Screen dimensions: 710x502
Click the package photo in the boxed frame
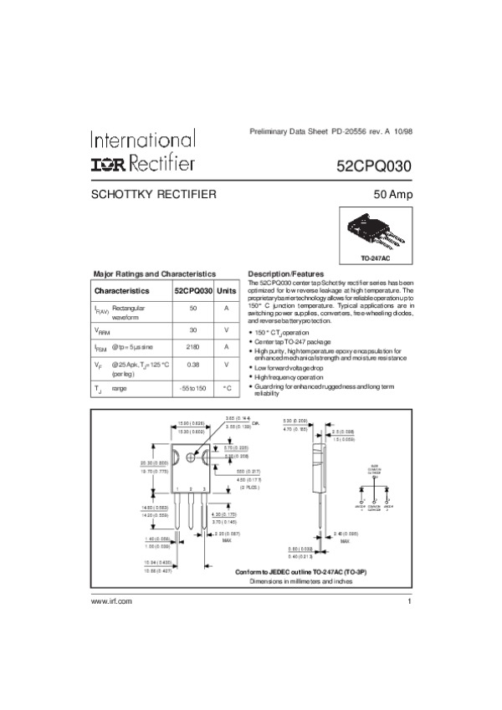tap(376, 232)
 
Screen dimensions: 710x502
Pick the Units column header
tap(226, 291)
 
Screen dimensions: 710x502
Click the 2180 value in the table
tap(192, 346)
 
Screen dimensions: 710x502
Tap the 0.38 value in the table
tap(192, 365)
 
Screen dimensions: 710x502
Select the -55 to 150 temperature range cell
tap(192, 389)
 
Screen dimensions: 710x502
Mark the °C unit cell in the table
tap(226, 389)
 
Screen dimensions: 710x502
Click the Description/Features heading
tap(286, 274)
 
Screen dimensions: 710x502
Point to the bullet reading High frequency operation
tap(289, 377)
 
